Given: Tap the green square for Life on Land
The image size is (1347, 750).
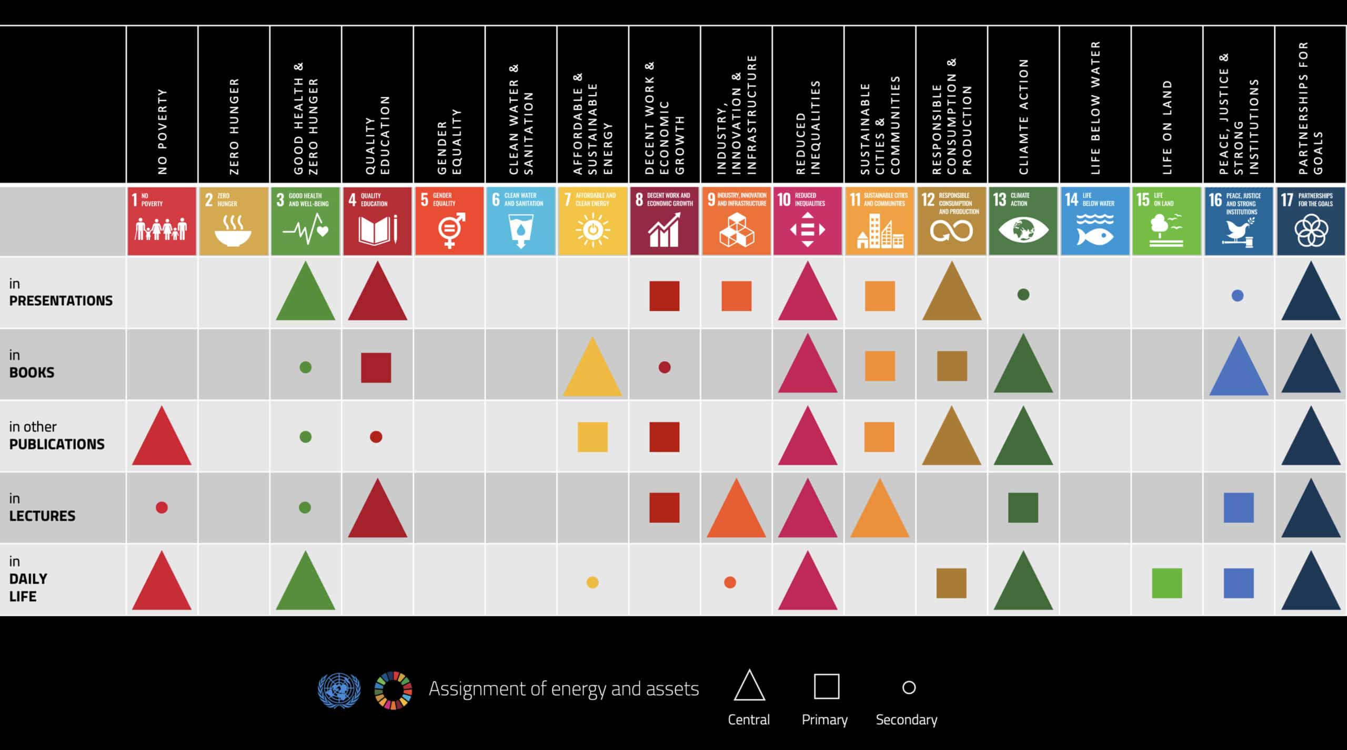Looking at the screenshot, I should pyautogui.click(x=1167, y=583).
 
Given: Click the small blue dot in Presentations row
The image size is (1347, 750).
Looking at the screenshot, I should pyautogui.click(x=1238, y=296).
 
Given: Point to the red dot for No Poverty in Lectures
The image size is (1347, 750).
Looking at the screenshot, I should pyautogui.click(x=162, y=507).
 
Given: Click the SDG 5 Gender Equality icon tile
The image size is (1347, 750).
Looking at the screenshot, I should pyautogui.click(x=449, y=221).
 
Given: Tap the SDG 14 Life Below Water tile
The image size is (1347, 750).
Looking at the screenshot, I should pyautogui.click(x=1095, y=221).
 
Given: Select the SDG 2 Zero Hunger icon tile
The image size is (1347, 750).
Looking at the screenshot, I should pyautogui.click(x=234, y=221).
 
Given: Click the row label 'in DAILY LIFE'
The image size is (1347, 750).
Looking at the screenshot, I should pyautogui.click(x=28, y=579).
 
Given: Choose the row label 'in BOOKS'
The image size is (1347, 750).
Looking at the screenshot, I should pyautogui.click(x=32, y=364).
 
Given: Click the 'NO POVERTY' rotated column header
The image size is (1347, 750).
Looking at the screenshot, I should pyautogui.click(x=163, y=132).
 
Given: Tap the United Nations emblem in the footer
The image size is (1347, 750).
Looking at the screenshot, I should pyautogui.click(x=339, y=689).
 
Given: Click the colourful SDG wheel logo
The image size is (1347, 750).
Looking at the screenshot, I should pyautogui.click(x=393, y=689).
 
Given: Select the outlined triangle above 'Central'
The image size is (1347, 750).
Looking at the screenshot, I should pyautogui.click(x=749, y=686).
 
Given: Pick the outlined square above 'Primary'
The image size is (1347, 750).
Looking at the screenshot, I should pyautogui.click(x=826, y=686).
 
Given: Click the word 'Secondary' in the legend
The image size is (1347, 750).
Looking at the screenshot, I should pyautogui.click(x=906, y=719).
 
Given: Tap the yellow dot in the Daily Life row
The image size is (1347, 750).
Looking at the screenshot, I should pyautogui.click(x=592, y=583).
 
